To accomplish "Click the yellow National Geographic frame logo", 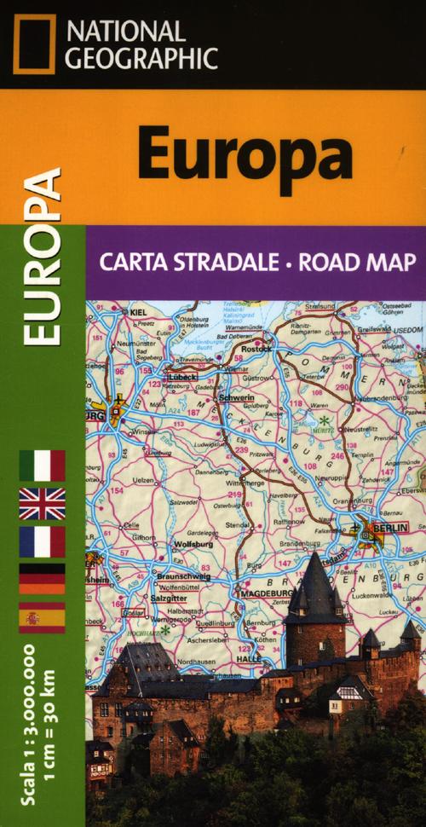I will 34,43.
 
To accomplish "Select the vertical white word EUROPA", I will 43,256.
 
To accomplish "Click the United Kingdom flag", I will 43,504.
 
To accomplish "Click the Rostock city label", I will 256,348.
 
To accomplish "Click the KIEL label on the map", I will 139,313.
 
